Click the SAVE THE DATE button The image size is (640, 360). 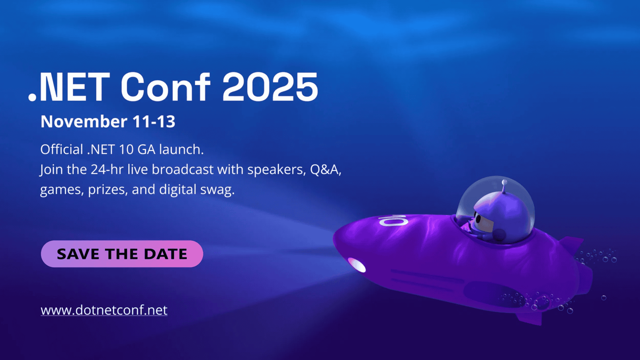(x=122, y=254)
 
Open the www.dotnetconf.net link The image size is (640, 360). (x=104, y=310)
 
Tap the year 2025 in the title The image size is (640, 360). (x=270, y=87)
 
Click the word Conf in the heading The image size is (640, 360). (x=165, y=86)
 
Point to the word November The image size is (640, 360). (x=84, y=122)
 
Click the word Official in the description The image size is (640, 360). (x=62, y=149)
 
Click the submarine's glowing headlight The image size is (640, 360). (x=356, y=265)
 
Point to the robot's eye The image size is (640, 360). (x=478, y=219)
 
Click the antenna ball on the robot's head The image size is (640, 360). (x=504, y=182)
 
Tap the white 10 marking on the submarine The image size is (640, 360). (x=393, y=221)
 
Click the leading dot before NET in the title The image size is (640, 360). (x=32, y=97)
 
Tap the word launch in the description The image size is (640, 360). (x=181, y=149)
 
